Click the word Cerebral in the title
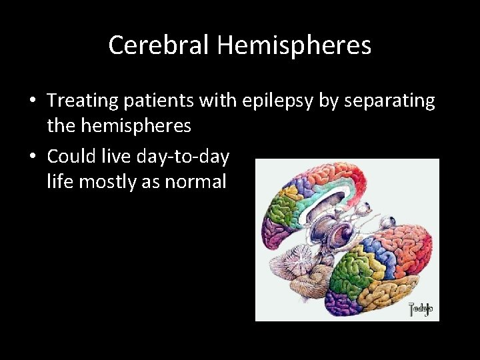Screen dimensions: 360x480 pos(159,45)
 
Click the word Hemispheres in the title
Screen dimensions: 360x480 pos(294,45)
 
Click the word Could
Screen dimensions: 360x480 pos(71,157)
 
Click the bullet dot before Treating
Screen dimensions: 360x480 pos(32,101)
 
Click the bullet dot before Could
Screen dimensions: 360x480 pos(32,157)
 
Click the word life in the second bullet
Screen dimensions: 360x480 pos(60,181)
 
